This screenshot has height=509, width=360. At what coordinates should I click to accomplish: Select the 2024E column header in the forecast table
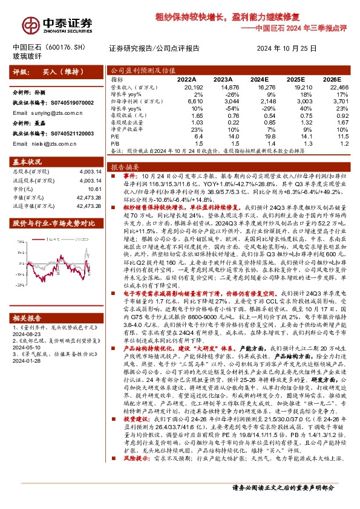tap(258, 79)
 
